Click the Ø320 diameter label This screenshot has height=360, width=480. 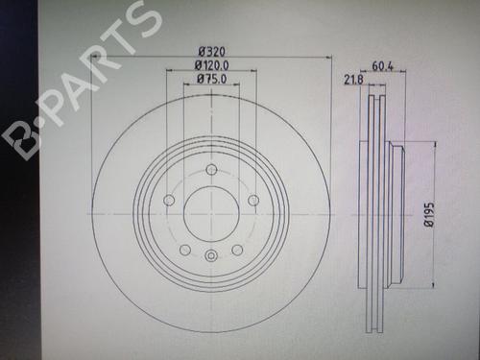[x=211, y=52]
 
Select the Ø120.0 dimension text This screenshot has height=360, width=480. [x=212, y=65]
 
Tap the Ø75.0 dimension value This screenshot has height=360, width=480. [x=211, y=79]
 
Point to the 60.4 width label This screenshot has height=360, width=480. [x=382, y=66]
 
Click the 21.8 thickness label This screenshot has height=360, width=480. [x=353, y=80]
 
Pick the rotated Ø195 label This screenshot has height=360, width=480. [x=429, y=214]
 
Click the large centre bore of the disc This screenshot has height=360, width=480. [x=211, y=214]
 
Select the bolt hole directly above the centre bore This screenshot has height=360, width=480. [x=211, y=169]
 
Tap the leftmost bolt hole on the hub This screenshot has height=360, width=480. [x=169, y=201]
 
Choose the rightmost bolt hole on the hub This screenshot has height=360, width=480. [x=253, y=201]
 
